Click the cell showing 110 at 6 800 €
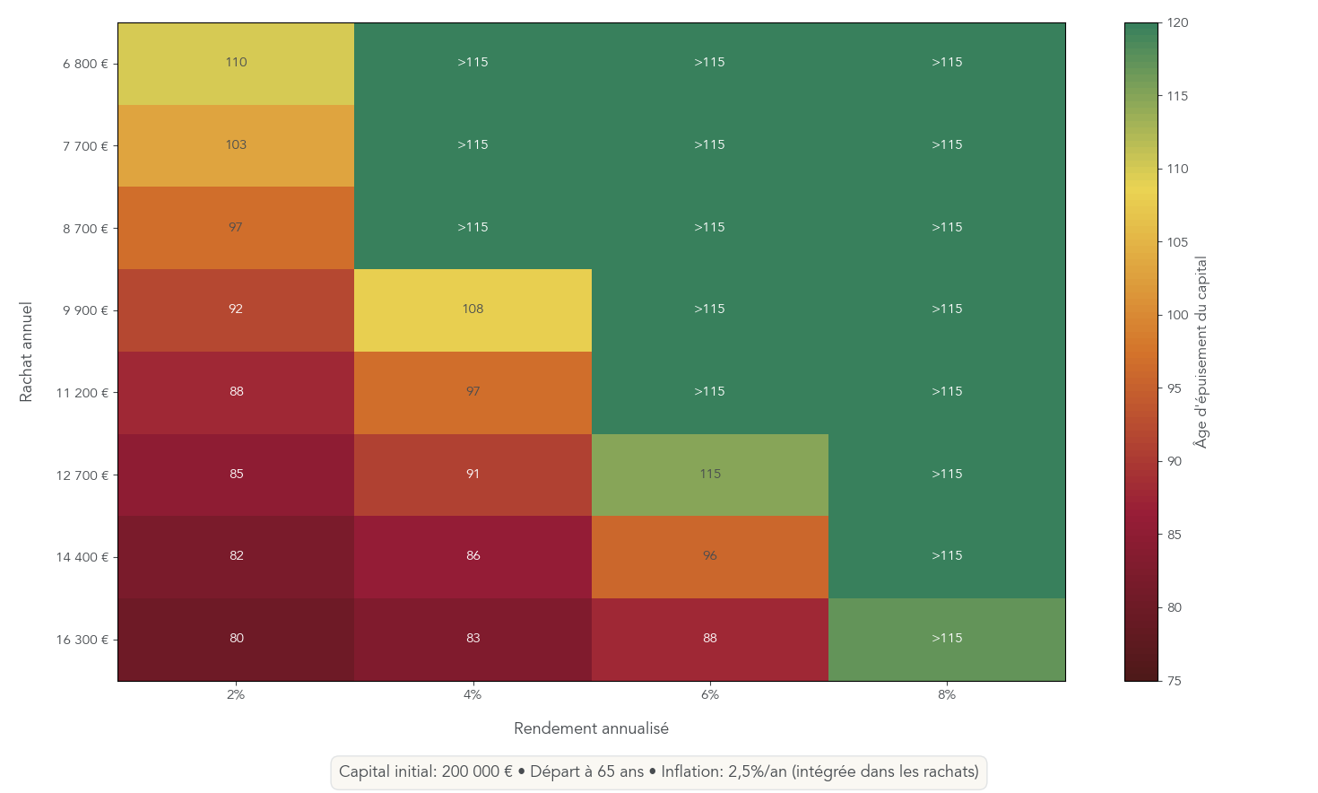pos(236,63)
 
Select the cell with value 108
pos(473,309)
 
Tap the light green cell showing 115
pos(709,475)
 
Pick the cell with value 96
pos(709,556)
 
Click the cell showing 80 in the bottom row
pos(236,639)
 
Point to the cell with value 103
pos(236,145)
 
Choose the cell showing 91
pos(473,475)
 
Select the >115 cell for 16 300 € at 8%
pos(947,639)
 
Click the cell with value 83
pos(473,639)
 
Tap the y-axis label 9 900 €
pos(85,310)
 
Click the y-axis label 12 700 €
pos(82,475)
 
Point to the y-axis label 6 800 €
pos(85,64)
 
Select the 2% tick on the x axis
pos(236,694)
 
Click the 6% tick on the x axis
pos(709,694)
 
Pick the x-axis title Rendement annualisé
pos(591,728)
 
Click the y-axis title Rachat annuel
pos(26,352)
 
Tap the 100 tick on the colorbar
pos(1177,315)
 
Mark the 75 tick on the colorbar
pos(1174,681)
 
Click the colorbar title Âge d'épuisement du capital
pos(1201,352)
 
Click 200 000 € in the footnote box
pos(477,772)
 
